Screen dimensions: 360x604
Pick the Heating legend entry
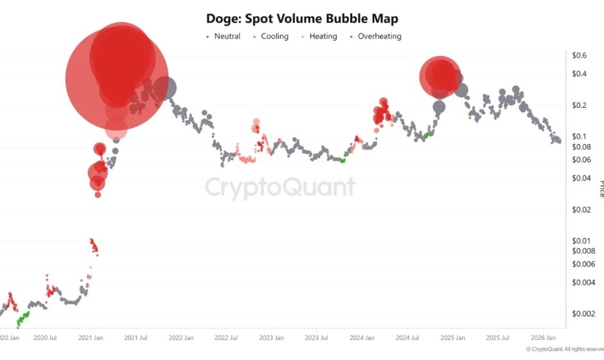tap(319, 37)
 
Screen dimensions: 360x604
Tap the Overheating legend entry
tap(375, 37)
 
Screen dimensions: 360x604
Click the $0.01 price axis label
tap(582, 240)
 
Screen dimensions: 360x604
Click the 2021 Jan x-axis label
tap(91, 337)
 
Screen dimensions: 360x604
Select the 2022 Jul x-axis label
tap(226, 337)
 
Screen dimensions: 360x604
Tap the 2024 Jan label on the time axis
tap(362, 337)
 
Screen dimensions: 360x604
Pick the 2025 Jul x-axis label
tap(497, 337)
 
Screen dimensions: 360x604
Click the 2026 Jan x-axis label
tap(543, 337)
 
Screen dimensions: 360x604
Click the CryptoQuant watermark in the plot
tap(280, 187)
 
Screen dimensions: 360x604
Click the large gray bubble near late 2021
tap(166, 87)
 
